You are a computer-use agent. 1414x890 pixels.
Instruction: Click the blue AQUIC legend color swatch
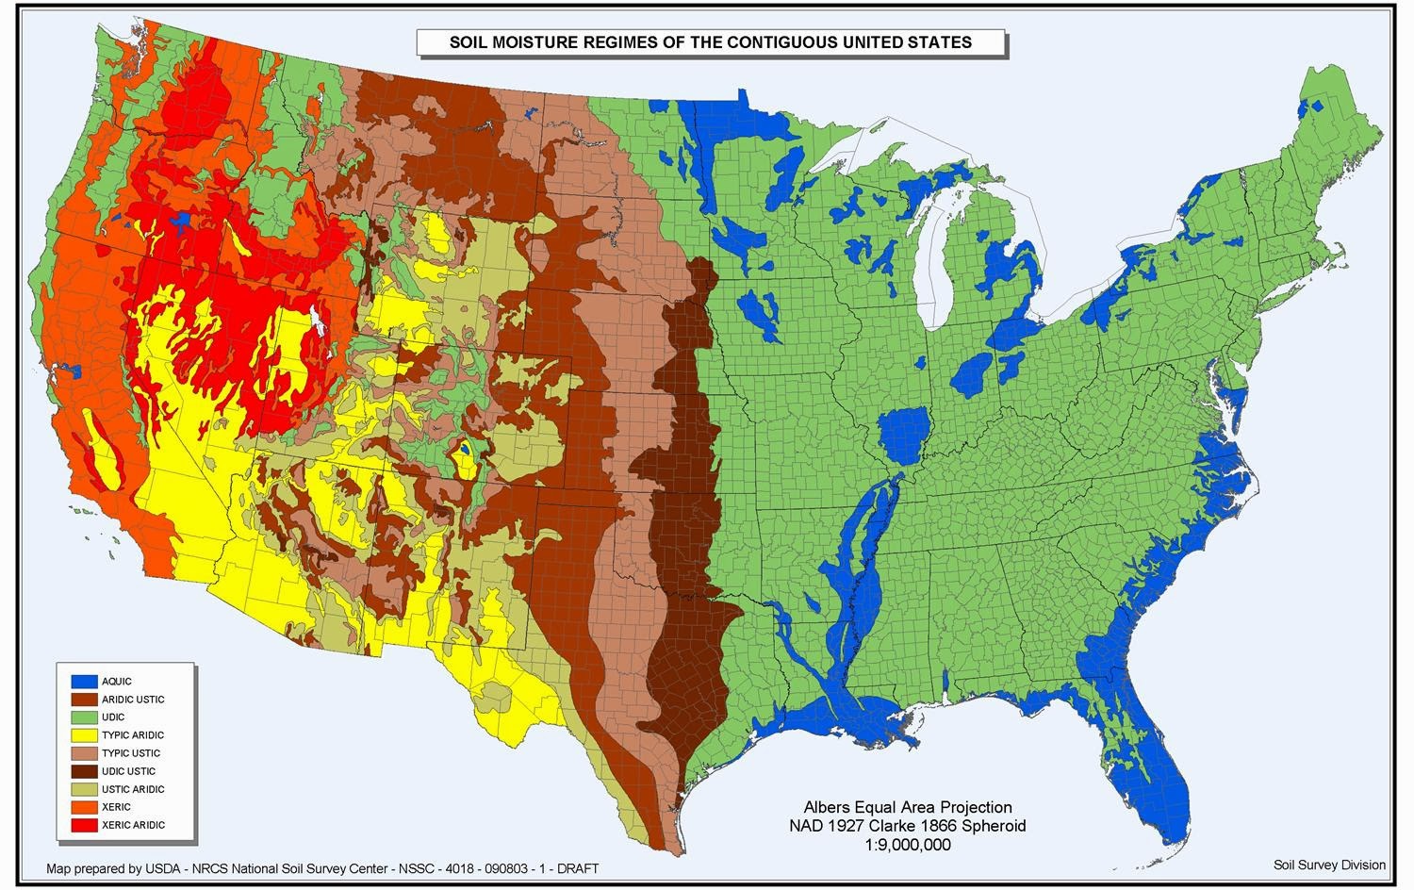point(84,681)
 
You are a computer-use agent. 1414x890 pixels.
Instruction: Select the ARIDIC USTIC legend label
point(133,700)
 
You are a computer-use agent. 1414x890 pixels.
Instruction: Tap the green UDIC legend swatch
point(84,717)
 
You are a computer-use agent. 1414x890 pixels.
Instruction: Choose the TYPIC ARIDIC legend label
point(133,735)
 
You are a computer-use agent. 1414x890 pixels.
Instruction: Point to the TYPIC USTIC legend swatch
point(84,753)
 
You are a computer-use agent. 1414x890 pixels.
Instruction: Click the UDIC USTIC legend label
point(129,771)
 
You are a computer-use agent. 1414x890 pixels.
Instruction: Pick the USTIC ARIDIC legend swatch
point(84,789)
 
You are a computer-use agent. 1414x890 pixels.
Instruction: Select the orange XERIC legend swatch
point(84,807)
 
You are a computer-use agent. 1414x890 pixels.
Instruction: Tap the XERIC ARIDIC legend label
point(133,825)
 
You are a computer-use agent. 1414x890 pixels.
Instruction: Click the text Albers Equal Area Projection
point(907,808)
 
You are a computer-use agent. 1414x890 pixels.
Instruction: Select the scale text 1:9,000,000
point(907,845)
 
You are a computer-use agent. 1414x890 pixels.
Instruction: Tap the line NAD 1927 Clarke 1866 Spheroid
point(907,826)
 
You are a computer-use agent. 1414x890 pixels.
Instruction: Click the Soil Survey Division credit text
point(1329,865)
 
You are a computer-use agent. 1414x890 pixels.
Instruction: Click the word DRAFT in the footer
point(578,868)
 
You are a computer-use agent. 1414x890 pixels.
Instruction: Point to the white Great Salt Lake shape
point(316,322)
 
